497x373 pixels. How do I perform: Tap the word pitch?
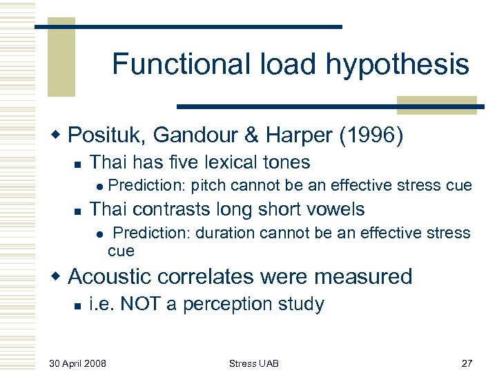(208, 185)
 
